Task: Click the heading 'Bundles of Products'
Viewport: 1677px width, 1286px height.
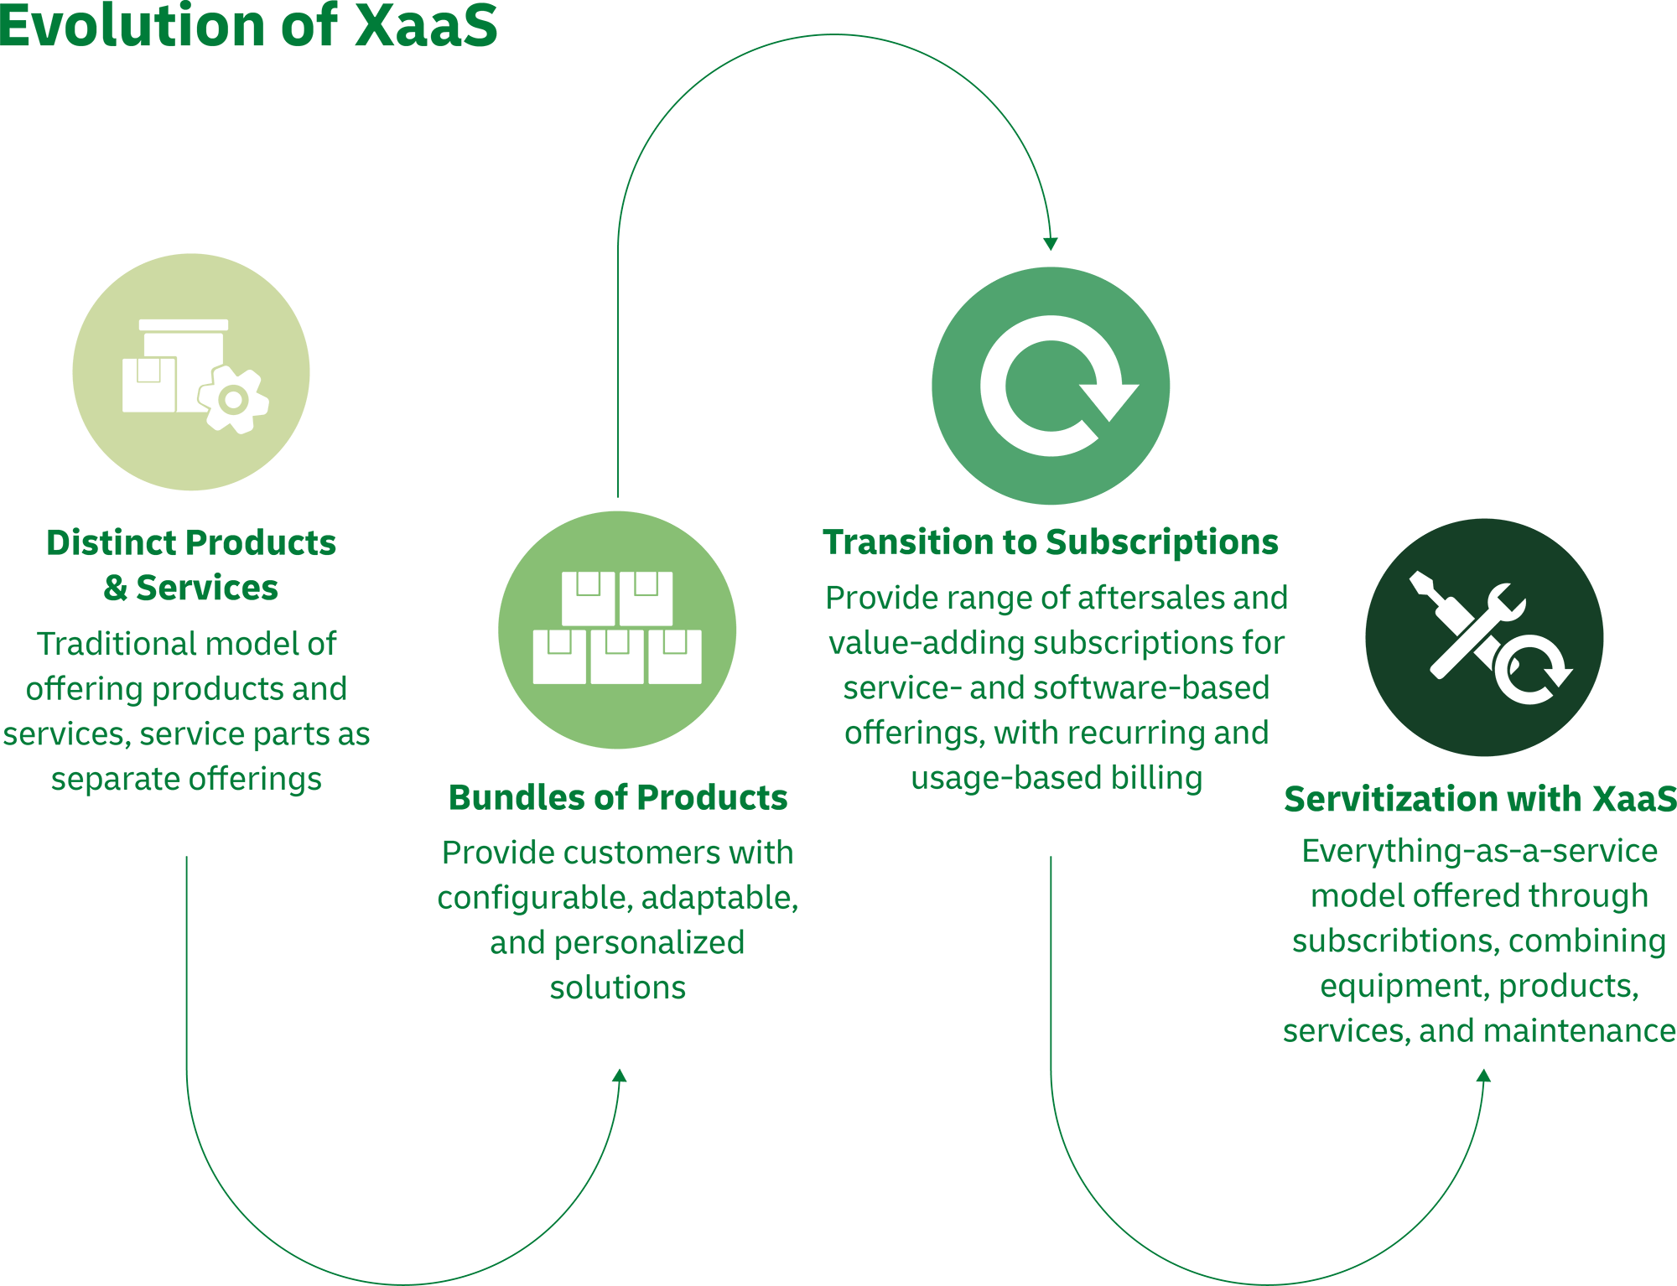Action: (618, 797)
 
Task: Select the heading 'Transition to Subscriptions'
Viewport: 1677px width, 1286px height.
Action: (1050, 542)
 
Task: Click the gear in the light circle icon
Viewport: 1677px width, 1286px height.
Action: (234, 400)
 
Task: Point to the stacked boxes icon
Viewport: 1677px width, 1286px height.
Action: (617, 628)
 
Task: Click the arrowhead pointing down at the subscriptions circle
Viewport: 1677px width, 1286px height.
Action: (1050, 244)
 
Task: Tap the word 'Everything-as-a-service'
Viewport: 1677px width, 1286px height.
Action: (1479, 851)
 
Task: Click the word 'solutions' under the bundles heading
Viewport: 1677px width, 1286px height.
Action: (618, 988)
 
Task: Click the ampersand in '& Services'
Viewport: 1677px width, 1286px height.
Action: (115, 589)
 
